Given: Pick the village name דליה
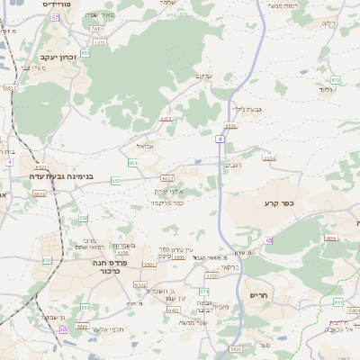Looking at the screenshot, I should click(x=327, y=23).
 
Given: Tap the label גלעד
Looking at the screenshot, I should click(x=326, y=89).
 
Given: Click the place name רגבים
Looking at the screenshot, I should click(x=234, y=165).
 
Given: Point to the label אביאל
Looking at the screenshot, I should click(x=146, y=145).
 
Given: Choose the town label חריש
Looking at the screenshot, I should click(x=259, y=294).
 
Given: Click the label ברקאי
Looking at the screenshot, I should click(x=203, y=268).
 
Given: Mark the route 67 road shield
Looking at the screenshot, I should click(x=55, y=17).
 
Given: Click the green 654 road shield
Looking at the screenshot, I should click(x=132, y=163).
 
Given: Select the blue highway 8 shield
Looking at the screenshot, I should click(x=220, y=139).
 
